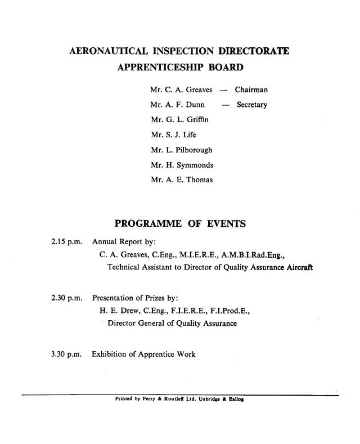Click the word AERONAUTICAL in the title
(103, 51)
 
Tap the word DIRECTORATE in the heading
(254, 51)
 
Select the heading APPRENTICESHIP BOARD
(180, 69)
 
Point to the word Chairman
(251, 90)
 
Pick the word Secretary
(252, 105)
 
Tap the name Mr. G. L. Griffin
(179, 120)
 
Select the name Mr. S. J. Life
(173, 135)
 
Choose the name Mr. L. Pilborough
(182, 150)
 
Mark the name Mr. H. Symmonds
(182, 165)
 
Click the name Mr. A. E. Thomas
(182, 180)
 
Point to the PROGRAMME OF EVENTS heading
(180, 224)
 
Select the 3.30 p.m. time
(67, 355)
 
